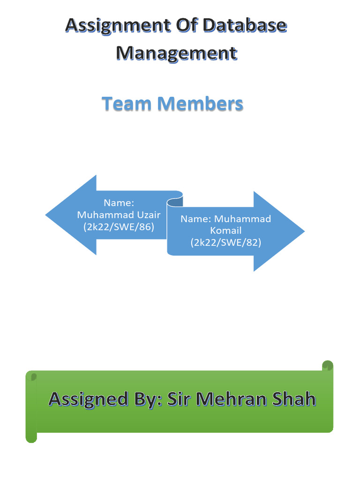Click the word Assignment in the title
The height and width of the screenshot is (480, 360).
[x=111, y=26]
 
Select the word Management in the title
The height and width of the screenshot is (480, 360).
[x=176, y=53]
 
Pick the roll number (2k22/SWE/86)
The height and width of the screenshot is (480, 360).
[x=119, y=227]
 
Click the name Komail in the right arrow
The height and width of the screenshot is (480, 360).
[x=225, y=231]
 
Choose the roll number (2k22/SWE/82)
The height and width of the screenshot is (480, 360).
[x=225, y=242]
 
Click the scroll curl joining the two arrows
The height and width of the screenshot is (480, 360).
[x=175, y=202]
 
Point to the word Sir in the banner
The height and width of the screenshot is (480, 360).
[x=179, y=399]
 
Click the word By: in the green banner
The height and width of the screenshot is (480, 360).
[x=143, y=399]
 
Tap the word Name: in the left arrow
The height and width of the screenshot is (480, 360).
[x=119, y=203]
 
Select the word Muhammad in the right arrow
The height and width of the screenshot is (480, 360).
[x=243, y=219]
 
